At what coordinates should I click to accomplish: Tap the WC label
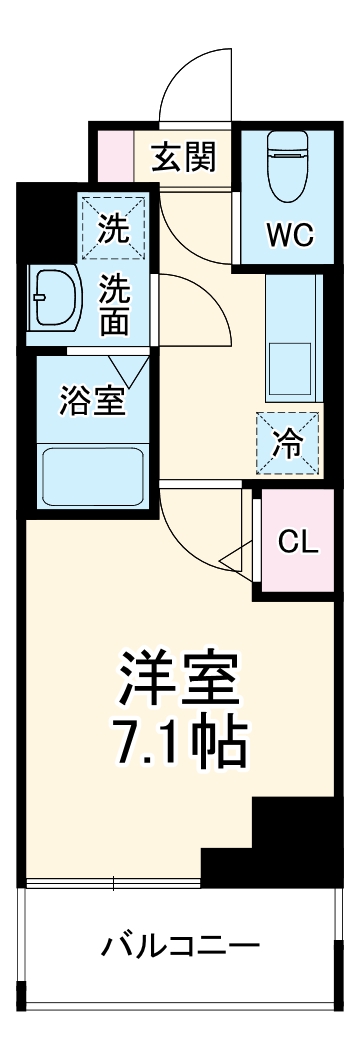pos(289,236)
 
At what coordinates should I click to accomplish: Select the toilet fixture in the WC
pos(289,170)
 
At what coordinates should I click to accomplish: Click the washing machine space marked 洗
pos(113,229)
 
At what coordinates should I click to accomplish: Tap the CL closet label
pos(298,542)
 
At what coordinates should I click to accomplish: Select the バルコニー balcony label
pos(180,944)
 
